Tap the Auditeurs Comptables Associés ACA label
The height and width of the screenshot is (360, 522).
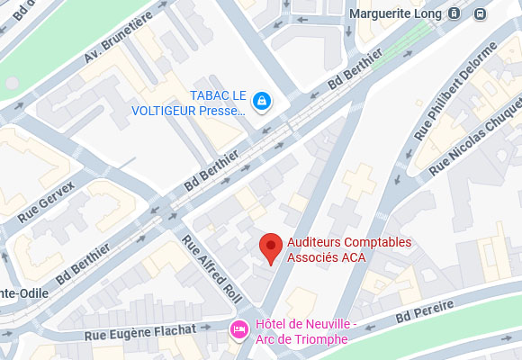pyautogui.click(x=348, y=249)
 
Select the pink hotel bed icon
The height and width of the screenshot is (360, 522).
pyautogui.click(x=239, y=330)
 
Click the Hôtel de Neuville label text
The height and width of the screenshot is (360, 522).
pyautogui.click(x=307, y=331)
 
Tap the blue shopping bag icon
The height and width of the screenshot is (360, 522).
pyautogui.click(x=261, y=100)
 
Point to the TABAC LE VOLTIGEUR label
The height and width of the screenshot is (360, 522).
pyautogui.click(x=215, y=103)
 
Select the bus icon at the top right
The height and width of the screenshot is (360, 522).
pyautogui.click(x=481, y=13)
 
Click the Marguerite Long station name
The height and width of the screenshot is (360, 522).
pyautogui.click(x=396, y=13)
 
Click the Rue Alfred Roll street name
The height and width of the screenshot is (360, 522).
pyautogui.click(x=199, y=266)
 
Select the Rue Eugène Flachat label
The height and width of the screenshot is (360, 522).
pyautogui.click(x=140, y=331)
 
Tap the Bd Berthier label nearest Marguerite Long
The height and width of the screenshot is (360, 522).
pyautogui.click(x=356, y=69)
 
